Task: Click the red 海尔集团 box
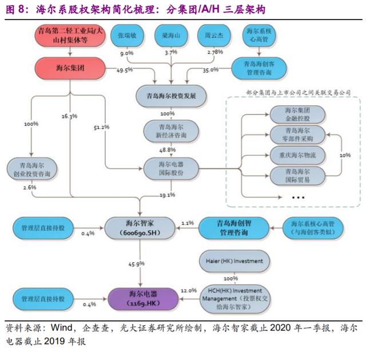70,69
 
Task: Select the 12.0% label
188,291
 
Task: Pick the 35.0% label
210,70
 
